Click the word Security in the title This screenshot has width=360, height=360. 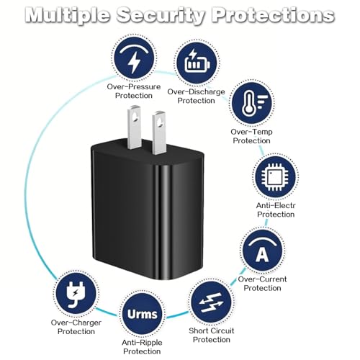161,15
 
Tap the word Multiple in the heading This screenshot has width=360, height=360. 68,15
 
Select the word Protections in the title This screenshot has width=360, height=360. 273,14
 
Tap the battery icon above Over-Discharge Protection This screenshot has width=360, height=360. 197,63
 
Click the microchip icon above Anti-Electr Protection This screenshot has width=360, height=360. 275,177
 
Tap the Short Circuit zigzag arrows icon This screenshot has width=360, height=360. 212,302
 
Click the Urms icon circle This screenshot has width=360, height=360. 142,314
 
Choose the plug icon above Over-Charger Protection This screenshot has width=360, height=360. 76,294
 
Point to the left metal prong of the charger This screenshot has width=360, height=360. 135,127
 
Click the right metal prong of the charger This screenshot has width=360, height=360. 158,132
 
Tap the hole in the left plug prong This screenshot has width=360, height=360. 135,117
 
